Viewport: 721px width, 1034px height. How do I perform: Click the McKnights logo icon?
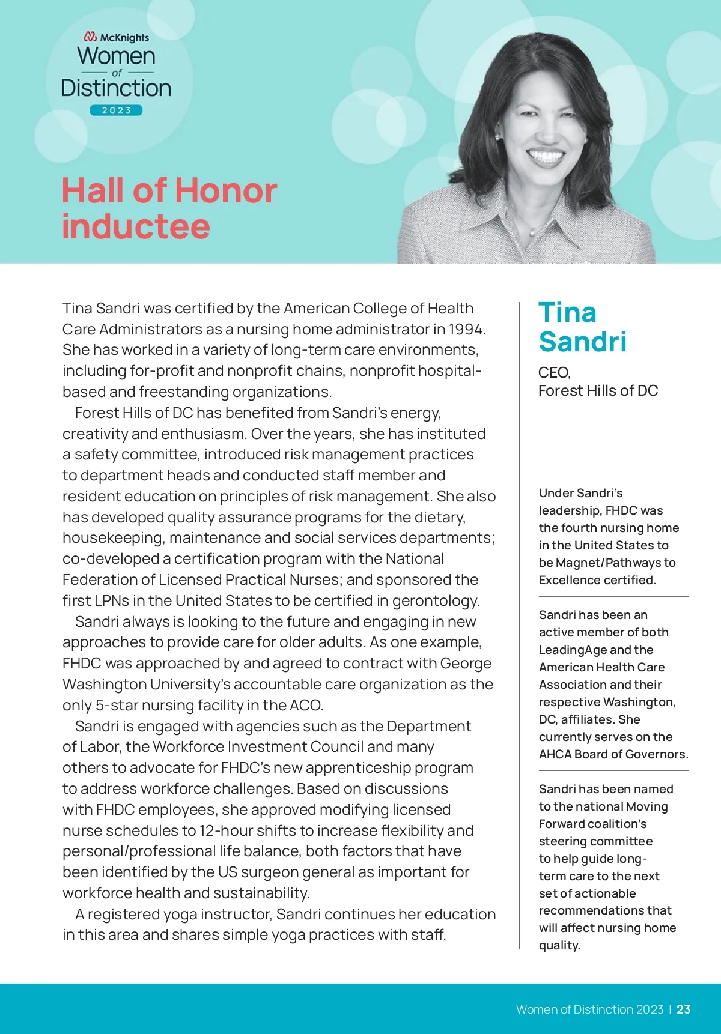tap(90, 37)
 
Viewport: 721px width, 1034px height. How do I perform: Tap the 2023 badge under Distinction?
tap(116, 110)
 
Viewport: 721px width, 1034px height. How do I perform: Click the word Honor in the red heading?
tap(226, 191)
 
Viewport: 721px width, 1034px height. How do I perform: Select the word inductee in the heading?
tap(136, 227)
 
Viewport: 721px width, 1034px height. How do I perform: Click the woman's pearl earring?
tap(498, 138)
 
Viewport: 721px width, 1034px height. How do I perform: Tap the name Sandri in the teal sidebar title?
tap(582, 342)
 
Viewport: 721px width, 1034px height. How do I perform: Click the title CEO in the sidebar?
tap(553, 373)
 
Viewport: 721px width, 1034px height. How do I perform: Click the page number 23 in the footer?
tap(683, 1009)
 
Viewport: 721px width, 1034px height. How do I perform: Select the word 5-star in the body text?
tap(118, 705)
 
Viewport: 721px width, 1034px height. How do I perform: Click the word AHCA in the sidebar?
tap(555, 754)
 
